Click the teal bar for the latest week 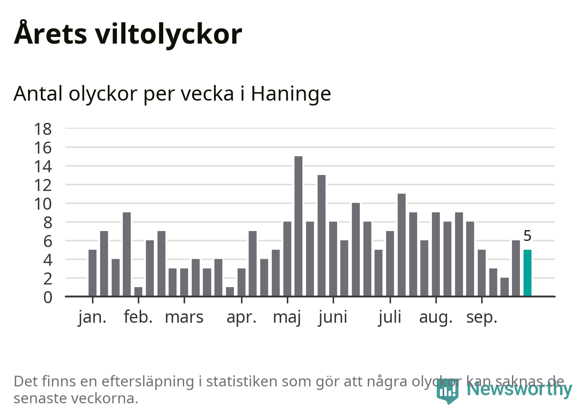pyautogui.click(x=527, y=273)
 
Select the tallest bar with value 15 pyautogui.click(x=298, y=226)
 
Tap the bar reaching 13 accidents pyautogui.click(x=321, y=235)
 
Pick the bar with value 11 pyautogui.click(x=401, y=245)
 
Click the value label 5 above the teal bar pyautogui.click(x=527, y=235)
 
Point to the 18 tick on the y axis pyautogui.click(x=43, y=129)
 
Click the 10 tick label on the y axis pyautogui.click(x=43, y=204)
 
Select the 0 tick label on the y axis pyautogui.click(x=48, y=297)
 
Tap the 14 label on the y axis pyautogui.click(x=43, y=166)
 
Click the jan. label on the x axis pyautogui.click(x=93, y=317)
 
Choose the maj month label pyautogui.click(x=287, y=317)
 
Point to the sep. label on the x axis pyautogui.click(x=481, y=317)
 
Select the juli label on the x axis pyautogui.click(x=390, y=317)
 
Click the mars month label pyautogui.click(x=184, y=317)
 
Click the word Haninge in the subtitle pyautogui.click(x=291, y=94)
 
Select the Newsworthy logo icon pyautogui.click(x=447, y=390)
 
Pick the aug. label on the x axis pyautogui.click(x=435, y=317)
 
